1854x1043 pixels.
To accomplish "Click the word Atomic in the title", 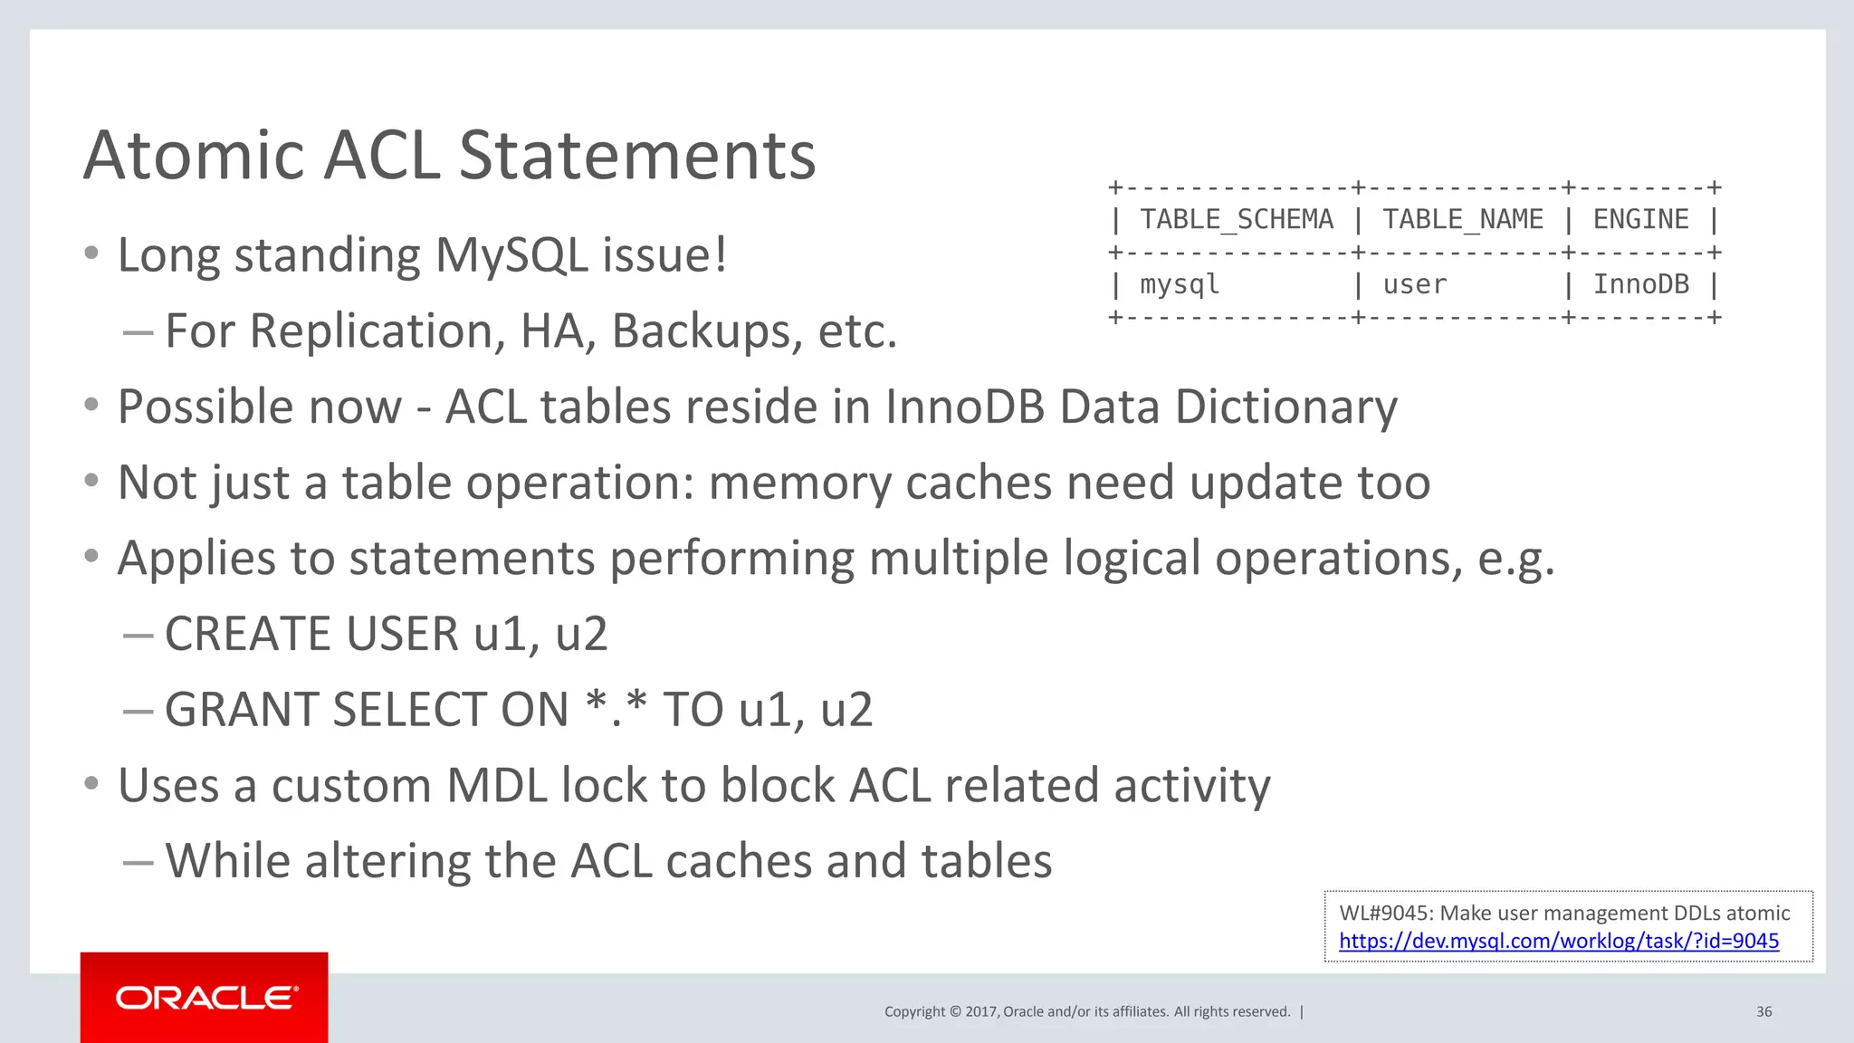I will (194, 155).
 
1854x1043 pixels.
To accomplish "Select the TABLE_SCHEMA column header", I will (1236, 219).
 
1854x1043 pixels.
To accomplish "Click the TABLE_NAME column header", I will (1462, 219).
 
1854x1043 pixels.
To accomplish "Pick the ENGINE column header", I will (1640, 219).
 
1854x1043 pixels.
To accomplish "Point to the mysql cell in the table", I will (1180, 284).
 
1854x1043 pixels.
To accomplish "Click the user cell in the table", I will (1414, 284).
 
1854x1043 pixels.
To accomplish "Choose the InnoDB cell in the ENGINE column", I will (1640, 284).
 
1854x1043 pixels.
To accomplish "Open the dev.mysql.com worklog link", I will (1558, 941).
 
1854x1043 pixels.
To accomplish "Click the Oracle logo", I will (205, 998).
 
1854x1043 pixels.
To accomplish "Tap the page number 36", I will (1763, 1011).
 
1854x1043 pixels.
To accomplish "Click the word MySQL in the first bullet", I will (511, 255).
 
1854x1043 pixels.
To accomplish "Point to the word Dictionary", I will (1286, 407).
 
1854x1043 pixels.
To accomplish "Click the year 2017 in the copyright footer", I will (981, 1011).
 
